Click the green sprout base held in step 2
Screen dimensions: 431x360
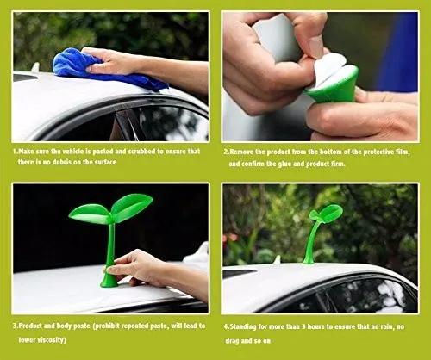pos(334,86)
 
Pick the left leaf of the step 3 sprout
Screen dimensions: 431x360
pos(89,214)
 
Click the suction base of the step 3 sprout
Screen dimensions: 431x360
pos(109,281)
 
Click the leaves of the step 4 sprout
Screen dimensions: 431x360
pos(326,214)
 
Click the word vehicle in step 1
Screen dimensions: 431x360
pos(73,152)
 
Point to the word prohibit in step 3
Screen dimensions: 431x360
pos(107,326)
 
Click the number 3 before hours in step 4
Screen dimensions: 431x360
pos(303,326)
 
